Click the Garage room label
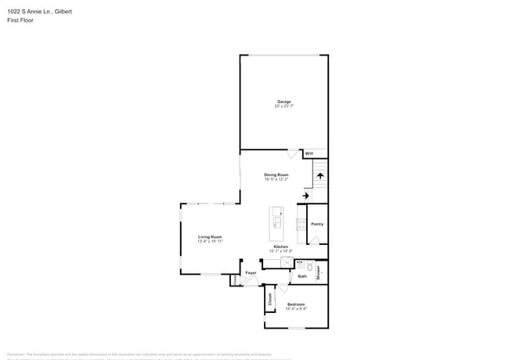[283, 101]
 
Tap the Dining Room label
[276, 175]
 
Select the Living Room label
[209, 236]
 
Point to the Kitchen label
[280, 247]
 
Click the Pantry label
[316, 225]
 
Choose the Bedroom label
[295, 304]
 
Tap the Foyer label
[251, 272]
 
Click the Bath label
[302, 276]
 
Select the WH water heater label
[309, 153]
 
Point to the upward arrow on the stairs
[319, 176]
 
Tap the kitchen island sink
[277, 222]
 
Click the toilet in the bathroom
[310, 266]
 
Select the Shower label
[319, 272]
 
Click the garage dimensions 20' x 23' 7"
[283, 106]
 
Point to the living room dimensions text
[209, 241]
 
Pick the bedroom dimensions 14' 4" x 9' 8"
[295, 308]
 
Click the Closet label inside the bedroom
[271, 298]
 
